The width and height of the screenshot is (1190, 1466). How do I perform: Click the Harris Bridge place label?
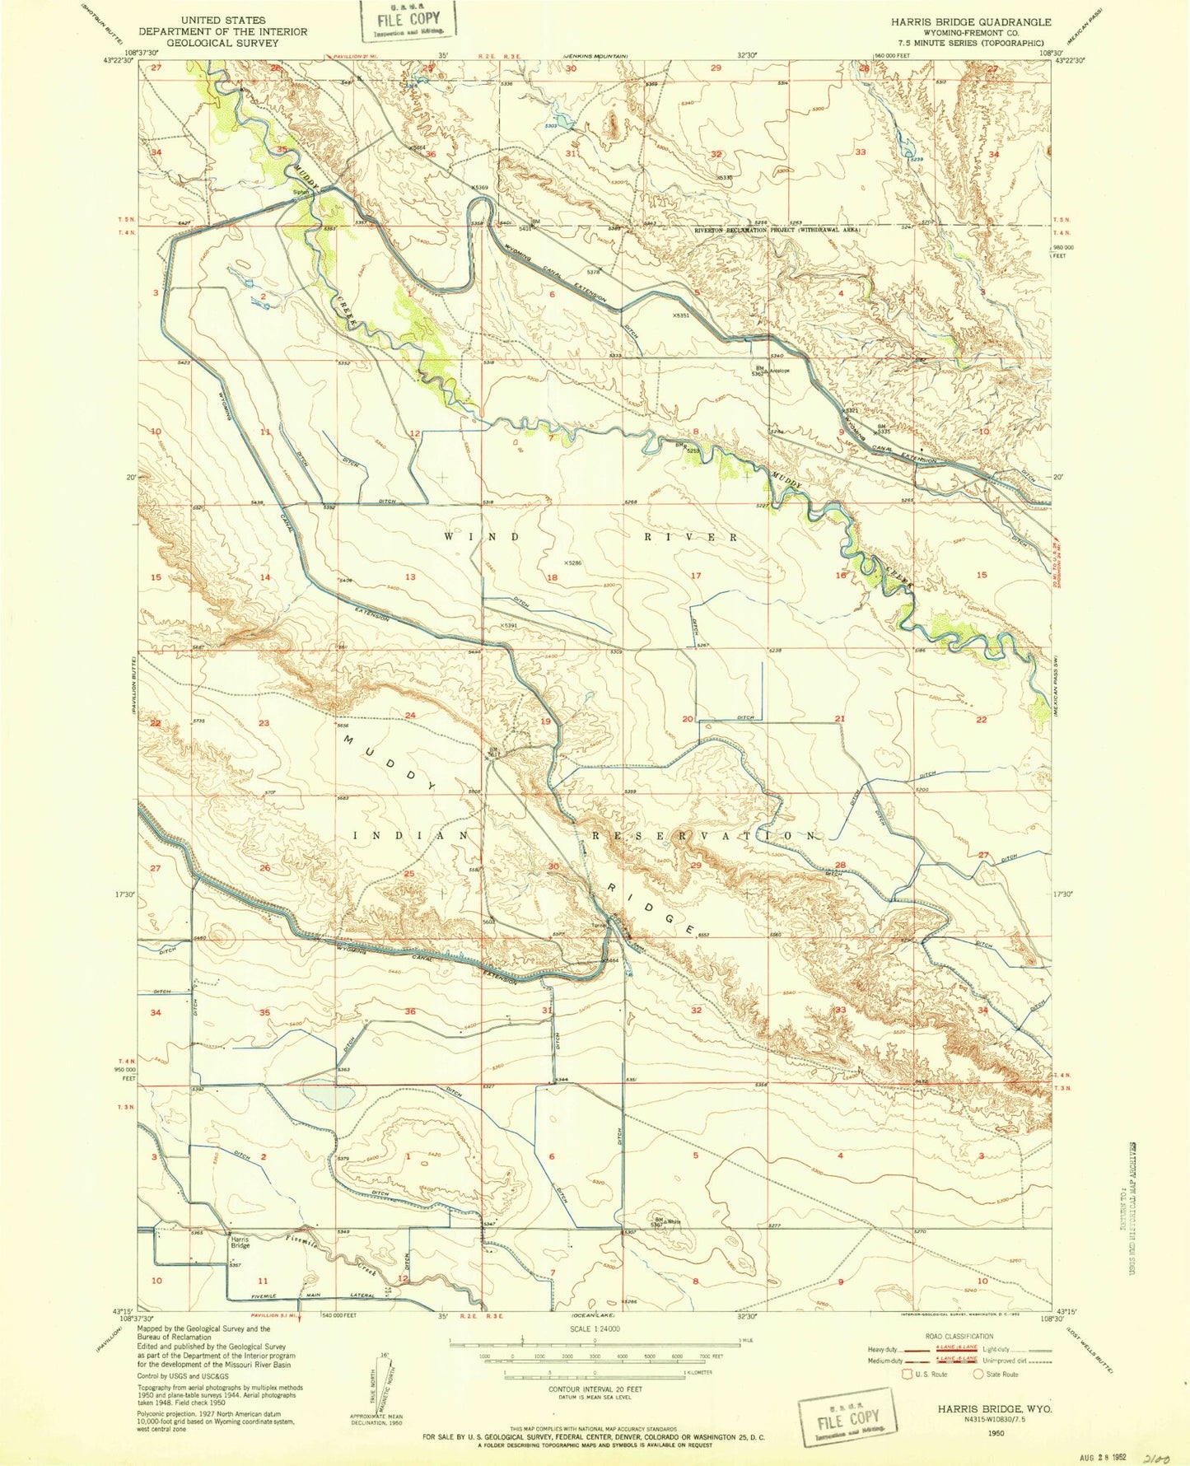[239, 1242]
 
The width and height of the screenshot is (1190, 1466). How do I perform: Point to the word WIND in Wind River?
[483, 536]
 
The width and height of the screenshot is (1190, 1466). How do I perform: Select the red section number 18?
[553, 577]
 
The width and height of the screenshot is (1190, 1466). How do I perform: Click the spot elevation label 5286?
[572, 563]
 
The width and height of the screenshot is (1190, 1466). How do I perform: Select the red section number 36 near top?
[431, 155]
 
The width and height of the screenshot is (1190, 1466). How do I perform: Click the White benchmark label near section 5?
[675, 1221]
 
